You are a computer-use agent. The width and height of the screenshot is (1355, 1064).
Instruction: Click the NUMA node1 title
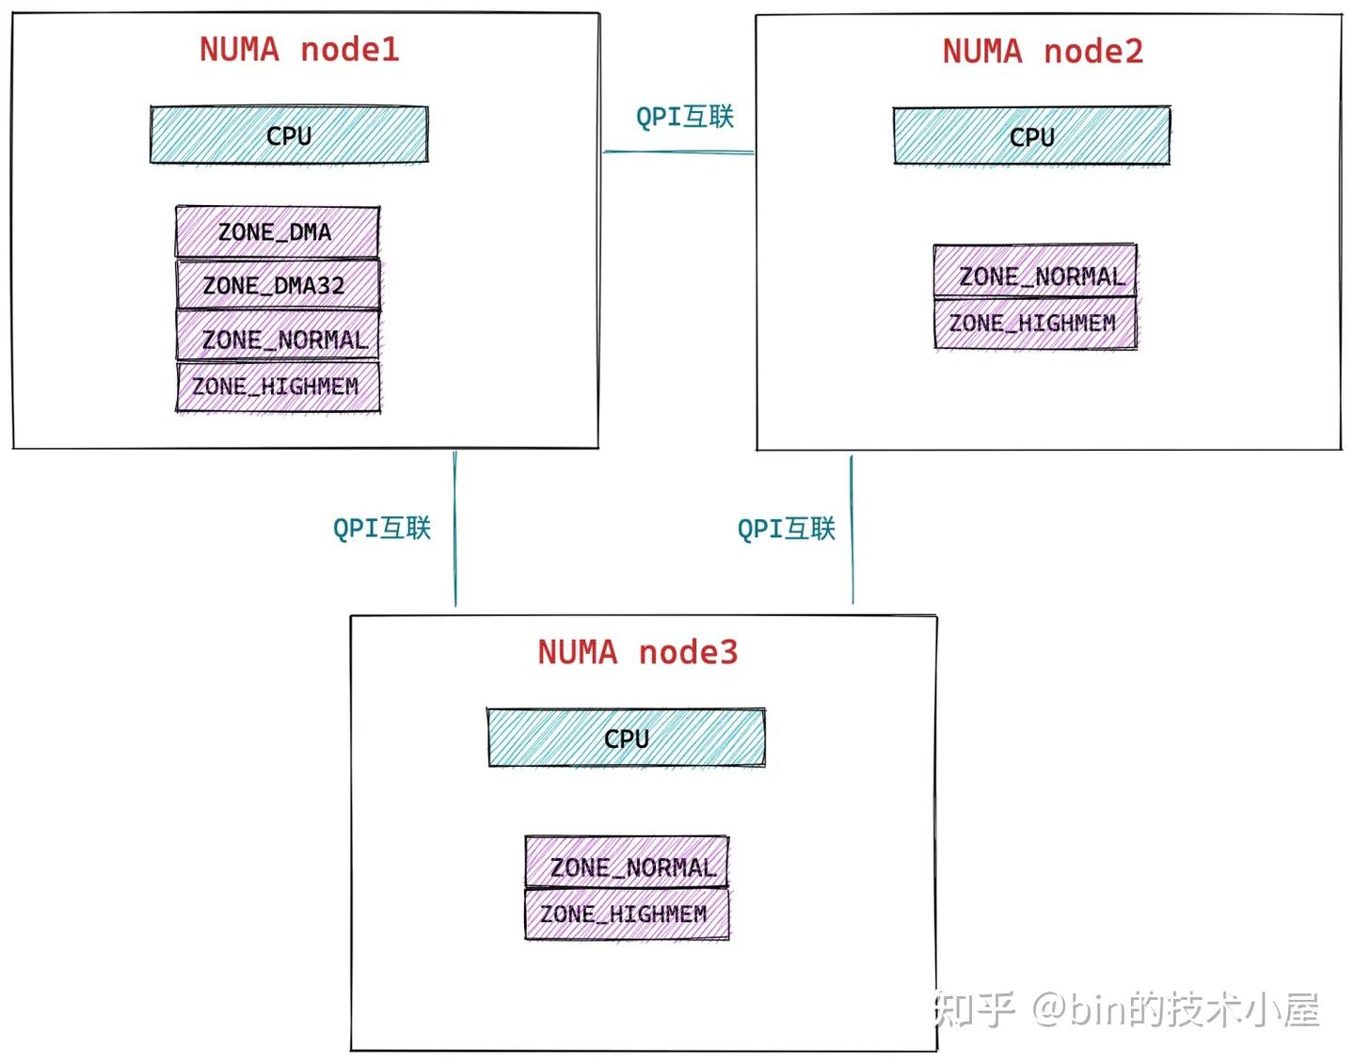(x=299, y=50)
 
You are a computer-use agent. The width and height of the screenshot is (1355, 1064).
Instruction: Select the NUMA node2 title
(x=1043, y=52)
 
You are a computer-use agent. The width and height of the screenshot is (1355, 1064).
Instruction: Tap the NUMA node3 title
(x=638, y=652)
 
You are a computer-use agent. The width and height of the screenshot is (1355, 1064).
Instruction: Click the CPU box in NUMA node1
(x=289, y=135)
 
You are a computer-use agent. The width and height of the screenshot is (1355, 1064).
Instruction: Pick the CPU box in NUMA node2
(x=1031, y=137)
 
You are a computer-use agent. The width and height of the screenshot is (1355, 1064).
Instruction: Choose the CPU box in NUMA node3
(x=626, y=738)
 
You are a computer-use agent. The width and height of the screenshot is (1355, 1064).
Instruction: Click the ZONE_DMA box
(x=277, y=232)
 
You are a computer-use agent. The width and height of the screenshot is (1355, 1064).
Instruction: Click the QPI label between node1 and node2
(x=684, y=118)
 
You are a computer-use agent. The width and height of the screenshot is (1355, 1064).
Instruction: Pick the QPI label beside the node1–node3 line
(x=382, y=528)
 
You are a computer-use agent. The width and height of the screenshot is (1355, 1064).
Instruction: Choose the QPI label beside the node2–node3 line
(x=787, y=529)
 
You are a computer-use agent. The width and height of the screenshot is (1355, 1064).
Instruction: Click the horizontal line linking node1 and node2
(x=677, y=151)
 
